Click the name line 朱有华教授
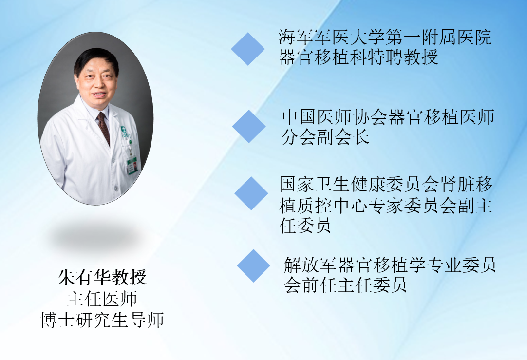102,278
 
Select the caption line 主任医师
102,299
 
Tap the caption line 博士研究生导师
102,320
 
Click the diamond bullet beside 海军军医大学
248,49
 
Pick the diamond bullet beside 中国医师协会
249,126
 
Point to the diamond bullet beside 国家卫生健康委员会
251,193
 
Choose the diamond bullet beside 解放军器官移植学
253,265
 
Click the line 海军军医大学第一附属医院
385,38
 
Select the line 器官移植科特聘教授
358,57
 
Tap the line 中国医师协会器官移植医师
388,117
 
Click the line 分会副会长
325,137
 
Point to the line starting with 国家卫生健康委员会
387,184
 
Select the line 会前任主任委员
345,285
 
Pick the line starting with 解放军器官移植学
390,265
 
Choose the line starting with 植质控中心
386,206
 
